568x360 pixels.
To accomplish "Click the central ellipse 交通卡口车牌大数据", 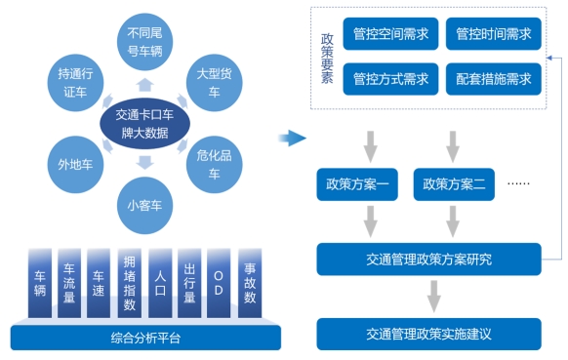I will coord(144,123).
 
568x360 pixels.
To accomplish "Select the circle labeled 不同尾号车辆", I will coord(145,41).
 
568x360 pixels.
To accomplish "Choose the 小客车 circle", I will coord(144,206).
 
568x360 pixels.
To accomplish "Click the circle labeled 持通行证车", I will coord(75,81).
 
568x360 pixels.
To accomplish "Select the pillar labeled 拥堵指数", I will coord(130,282).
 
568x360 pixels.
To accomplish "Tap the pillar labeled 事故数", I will coord(250,282).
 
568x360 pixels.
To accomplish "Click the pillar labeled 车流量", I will coord(69,282).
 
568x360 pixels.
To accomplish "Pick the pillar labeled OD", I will coord(220,282).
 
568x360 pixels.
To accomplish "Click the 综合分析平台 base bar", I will coord(145,338).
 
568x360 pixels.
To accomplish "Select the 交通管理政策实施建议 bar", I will coord(428,333).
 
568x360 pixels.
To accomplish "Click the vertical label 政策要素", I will coord(327,57).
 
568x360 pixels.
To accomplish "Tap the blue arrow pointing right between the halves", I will coord(292,139).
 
